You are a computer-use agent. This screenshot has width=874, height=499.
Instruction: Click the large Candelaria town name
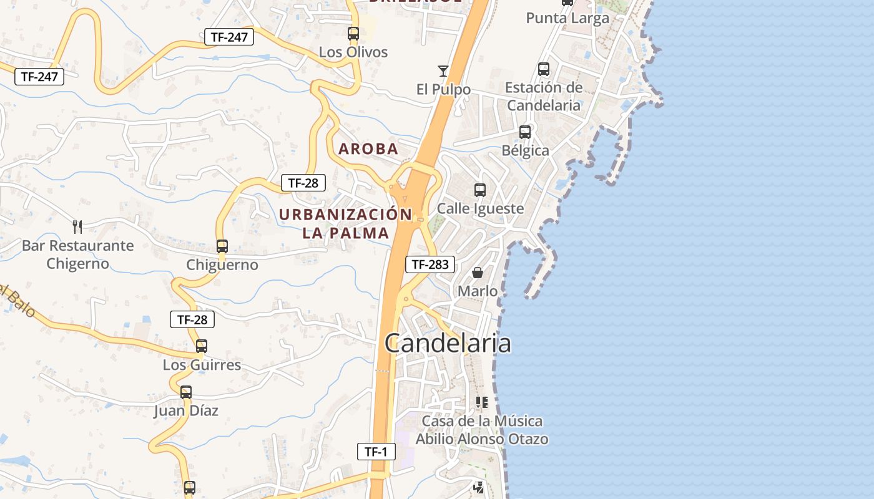tap(448, 344)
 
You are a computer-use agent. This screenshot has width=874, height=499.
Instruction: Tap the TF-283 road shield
tap(430, 264)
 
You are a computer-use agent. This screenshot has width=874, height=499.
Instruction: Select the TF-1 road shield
tap(376, 452)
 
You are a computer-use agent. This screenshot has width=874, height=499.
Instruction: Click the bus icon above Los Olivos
tap(353, 34)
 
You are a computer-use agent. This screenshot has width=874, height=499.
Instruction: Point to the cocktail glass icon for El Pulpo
tap(443, 70)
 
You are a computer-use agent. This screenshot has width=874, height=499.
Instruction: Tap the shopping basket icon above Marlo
tap(478, 273)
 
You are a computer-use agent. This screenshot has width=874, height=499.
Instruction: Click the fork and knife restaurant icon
tap(77, 226)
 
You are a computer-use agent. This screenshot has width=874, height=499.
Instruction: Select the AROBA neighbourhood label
tap(368, 149)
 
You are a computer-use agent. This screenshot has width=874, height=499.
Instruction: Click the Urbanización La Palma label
tap(346, 224)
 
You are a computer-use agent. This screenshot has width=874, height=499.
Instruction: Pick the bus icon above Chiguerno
tap(222, 246)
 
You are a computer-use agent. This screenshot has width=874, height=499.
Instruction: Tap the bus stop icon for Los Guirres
tap(202, 346)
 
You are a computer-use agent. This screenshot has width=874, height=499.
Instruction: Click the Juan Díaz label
tap(186, 411)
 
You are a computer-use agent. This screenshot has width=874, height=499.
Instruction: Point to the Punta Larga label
tap(567, 18)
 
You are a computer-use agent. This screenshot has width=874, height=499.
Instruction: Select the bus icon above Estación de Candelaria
tap(544, 69)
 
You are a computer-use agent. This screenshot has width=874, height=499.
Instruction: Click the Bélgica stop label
tap(526, 151)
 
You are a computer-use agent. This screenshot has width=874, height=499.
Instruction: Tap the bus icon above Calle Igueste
tap(480, 190)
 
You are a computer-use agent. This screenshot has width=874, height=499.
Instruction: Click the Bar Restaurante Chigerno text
tap(77, 254)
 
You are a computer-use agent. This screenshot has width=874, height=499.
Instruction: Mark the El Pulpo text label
tap(443, 90)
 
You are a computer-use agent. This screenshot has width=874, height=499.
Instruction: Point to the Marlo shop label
tap(478, 291)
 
